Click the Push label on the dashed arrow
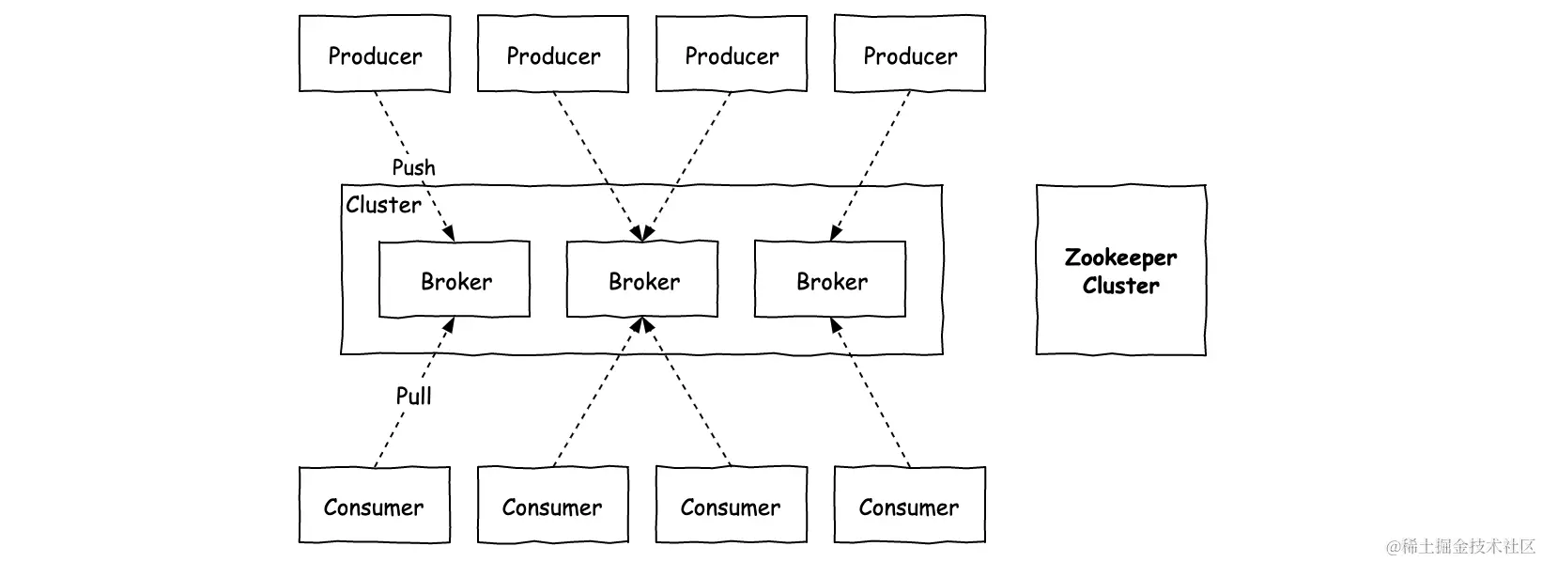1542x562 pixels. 413,167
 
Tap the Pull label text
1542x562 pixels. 413,396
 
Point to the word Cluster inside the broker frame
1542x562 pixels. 383,205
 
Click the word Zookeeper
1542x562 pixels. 1120,258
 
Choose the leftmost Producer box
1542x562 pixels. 375,55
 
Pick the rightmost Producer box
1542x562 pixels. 910,55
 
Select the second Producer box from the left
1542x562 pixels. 553,55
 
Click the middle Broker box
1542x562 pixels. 642,280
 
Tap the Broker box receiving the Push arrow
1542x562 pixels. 455,280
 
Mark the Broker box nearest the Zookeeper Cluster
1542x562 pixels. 830,280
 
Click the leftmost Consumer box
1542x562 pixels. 375,506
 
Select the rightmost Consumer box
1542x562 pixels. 910,506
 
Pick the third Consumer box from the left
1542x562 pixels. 732,506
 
